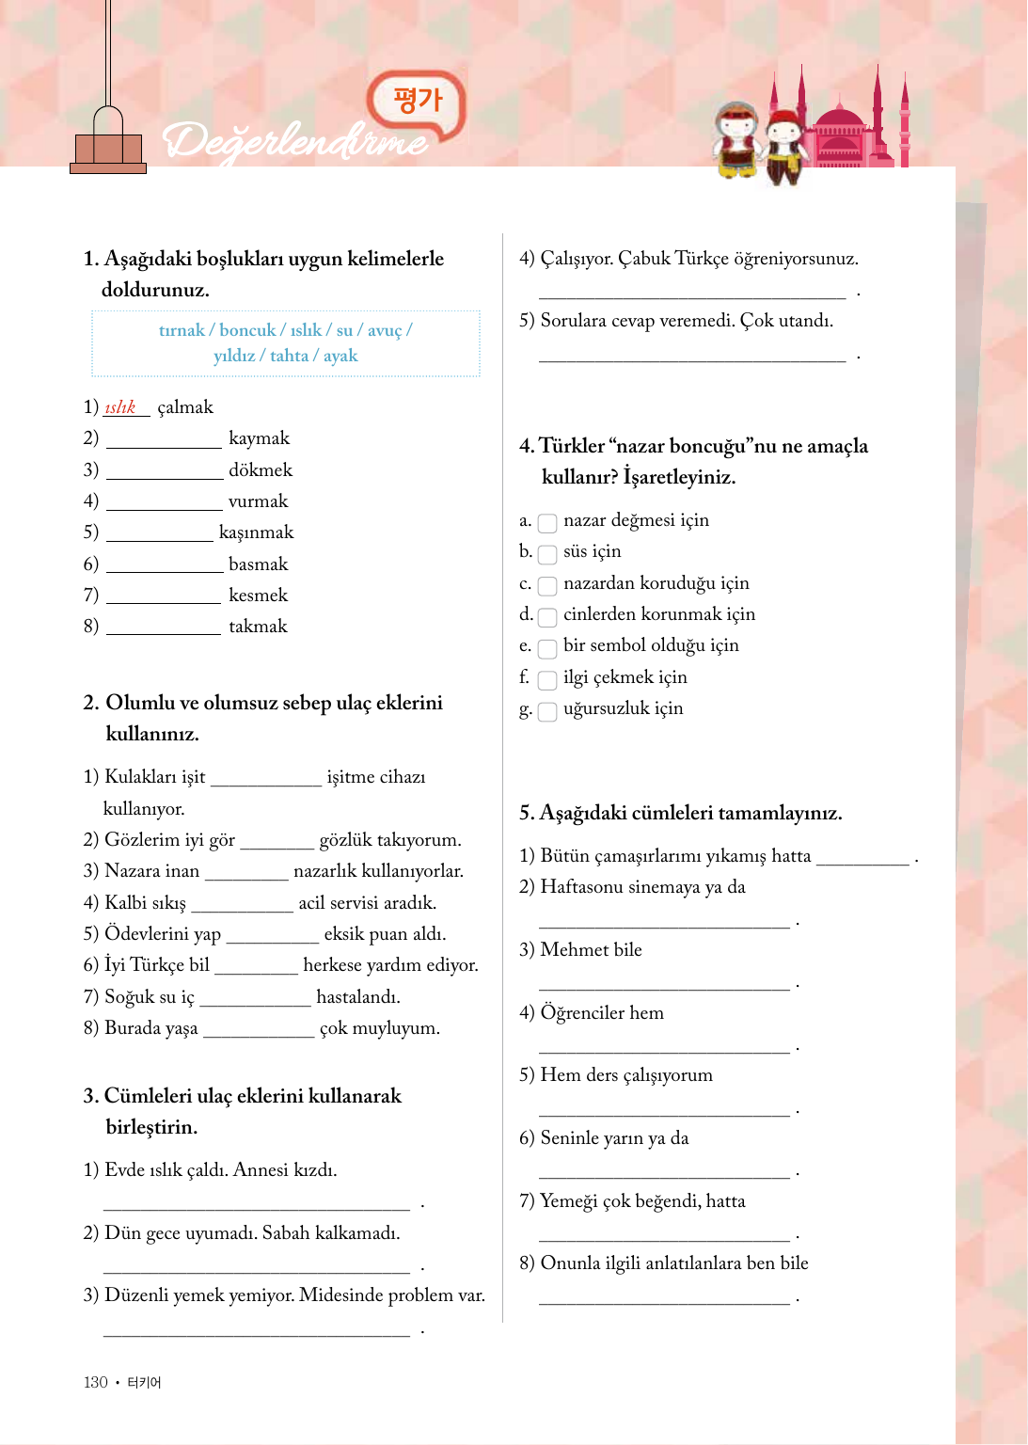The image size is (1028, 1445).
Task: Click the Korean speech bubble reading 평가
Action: click(417, 102)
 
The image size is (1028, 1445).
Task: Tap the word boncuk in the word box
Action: click(247, 330)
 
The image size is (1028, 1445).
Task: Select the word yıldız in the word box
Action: click(234, 356)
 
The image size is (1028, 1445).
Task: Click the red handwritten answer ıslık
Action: click(120, 407)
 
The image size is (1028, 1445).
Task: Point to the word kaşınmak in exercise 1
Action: click(256, 532)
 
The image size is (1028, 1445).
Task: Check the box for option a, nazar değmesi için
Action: click(547, 522)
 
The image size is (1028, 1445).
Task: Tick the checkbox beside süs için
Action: click(547, 553)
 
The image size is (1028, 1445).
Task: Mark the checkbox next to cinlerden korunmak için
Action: click(547, 616)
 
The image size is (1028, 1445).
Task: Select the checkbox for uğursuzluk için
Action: click(547, 710)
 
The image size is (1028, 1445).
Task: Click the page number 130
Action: click(96, 1382)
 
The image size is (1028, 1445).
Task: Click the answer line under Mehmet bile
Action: click(664, 986)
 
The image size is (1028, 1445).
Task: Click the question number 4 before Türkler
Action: click(525, 446)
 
